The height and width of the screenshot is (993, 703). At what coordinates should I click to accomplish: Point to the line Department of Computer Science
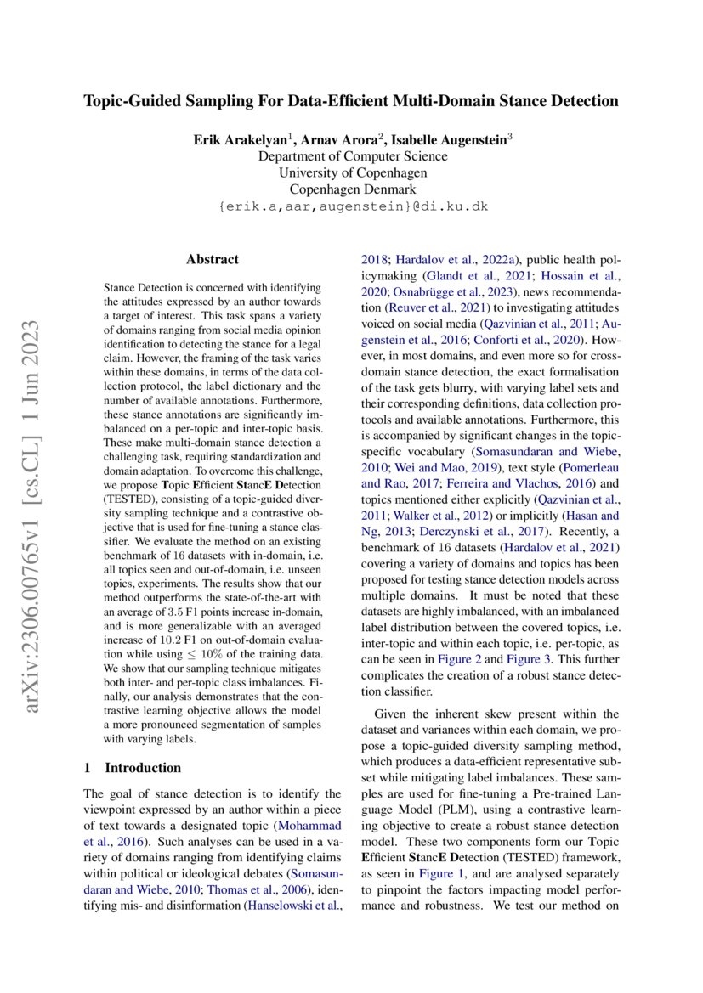point(352,156)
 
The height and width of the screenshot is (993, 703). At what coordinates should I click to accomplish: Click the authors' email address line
point(352,206)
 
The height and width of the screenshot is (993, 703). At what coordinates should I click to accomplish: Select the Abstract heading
point(212,259)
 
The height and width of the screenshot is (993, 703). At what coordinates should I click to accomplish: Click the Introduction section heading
point(142,767)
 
